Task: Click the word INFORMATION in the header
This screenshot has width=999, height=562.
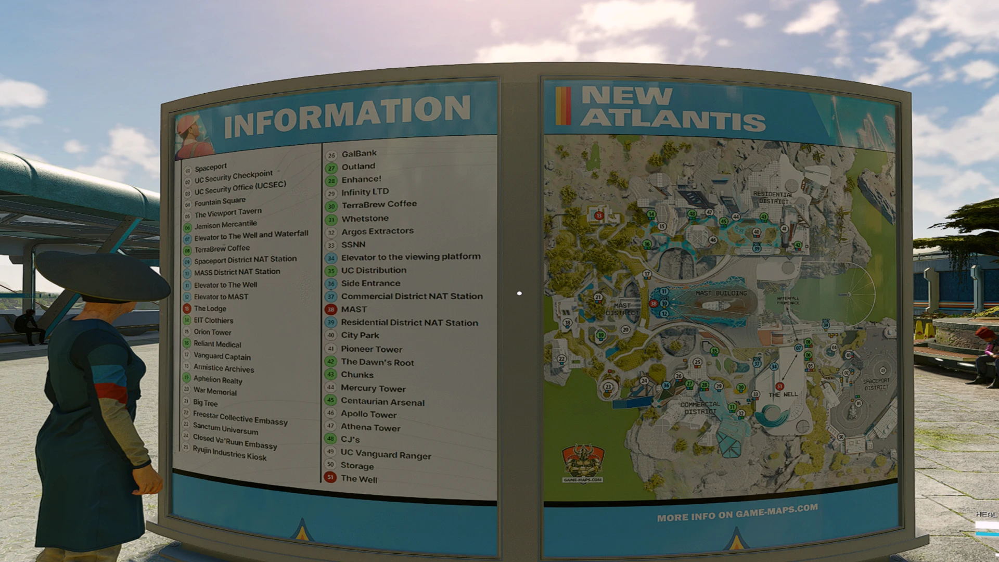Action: pos(348,116)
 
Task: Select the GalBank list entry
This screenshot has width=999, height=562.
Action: pos(359,154)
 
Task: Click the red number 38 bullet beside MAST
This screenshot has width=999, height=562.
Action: pos(330,309)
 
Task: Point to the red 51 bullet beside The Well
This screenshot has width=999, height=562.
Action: pos(330,477)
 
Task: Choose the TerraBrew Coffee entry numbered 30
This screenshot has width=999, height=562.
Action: pos(379,205)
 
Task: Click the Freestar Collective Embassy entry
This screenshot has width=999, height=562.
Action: pos(240,418)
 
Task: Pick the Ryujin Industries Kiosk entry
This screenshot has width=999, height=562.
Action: pos(229,453)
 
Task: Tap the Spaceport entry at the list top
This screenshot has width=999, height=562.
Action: pos(211,167)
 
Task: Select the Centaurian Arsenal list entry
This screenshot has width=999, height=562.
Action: pos(382,402)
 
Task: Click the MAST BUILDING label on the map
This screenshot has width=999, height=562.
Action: pos(721,293)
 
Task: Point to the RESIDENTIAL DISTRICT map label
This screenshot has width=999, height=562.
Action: pos(773,197)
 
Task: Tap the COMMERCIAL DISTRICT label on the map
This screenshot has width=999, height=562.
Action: pos(700,407)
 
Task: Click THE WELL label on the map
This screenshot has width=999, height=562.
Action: pos(783,394)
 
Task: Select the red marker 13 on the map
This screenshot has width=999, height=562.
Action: pos(599,215)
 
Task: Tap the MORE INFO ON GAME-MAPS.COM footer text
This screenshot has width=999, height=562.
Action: pos(737,513)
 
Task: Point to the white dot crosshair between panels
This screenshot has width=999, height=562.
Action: pos(519,293)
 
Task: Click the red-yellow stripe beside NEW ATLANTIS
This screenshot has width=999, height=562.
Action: pos(563,106)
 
